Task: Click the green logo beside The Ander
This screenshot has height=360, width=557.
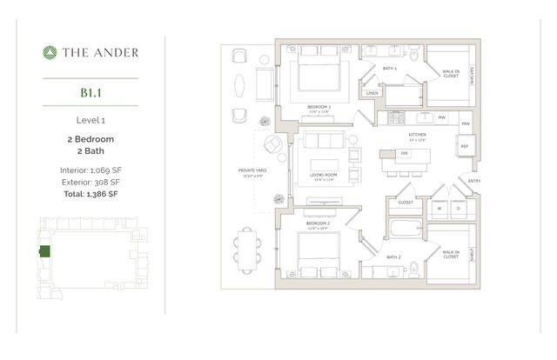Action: pos(50,53)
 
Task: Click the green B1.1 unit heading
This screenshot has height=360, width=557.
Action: pos(91,90)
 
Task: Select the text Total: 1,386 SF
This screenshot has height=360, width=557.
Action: pos(91,194)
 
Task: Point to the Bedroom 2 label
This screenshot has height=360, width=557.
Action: pos(319,223)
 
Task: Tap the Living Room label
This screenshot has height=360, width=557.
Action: pos(324,174)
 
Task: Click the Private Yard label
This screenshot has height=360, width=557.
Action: pos(252,170)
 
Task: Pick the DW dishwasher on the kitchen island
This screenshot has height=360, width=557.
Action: pos(405,154)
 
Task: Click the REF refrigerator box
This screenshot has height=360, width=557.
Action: pos(464,147)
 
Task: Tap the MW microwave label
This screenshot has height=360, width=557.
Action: pos(441,117)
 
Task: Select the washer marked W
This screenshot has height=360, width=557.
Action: pos(438,209)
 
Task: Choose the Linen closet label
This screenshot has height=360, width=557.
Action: pos(372,92)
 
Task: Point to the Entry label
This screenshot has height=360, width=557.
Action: pos(474,181)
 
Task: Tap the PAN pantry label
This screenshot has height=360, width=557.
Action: pos(466,124)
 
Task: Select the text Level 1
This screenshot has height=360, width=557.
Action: pos(91,120)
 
